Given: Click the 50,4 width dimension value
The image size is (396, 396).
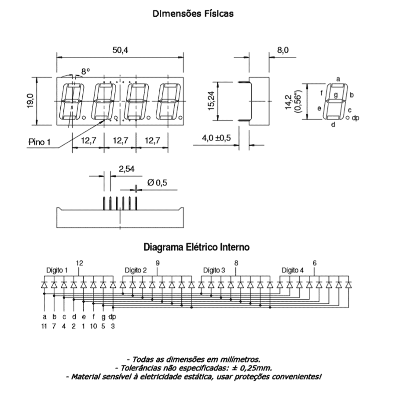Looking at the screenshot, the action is (x=120, y=50).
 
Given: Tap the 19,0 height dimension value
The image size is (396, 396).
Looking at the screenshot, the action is (x=30, y=100).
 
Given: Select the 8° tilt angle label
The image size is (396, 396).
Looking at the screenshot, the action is (x=86, y=71).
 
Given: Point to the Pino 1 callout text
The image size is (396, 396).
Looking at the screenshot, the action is (x=40, y=142).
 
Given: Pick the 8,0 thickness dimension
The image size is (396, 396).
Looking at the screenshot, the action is (x=283, y=50).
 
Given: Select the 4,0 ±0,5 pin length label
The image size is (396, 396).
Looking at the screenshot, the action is (x=216, y=138).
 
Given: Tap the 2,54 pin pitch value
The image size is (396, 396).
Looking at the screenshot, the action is (x=127, y=169).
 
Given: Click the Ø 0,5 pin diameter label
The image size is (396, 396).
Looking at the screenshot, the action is (x=157, y=182).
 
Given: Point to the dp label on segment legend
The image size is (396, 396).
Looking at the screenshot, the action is (x=356, y=117).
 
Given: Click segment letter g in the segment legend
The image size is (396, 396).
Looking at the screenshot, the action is (x=336, y=95).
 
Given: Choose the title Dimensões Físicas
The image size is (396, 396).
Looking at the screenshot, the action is (x=193, y=13).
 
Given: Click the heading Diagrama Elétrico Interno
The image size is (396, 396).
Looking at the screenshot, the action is (x=197, y=247).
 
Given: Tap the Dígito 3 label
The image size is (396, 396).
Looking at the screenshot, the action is (x=214, y=271).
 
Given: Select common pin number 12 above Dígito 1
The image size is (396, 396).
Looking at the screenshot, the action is (x=79, y=263).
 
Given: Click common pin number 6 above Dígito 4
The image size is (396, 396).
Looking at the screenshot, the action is (x=315, y=263).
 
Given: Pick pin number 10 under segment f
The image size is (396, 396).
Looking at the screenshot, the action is (x=93, y=326).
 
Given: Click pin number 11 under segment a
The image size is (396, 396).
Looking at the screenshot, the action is (x=44, y=326).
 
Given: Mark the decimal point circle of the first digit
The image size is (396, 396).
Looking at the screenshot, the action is (x=84, y=117).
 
